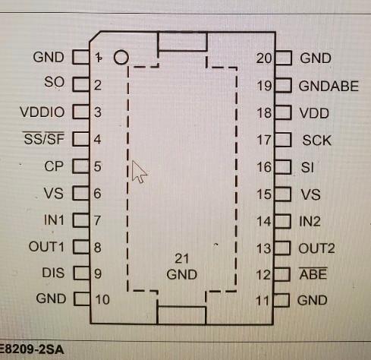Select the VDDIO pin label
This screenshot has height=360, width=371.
pos(43,112)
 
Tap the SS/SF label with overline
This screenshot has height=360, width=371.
pos(45,139)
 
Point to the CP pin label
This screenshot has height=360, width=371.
pos(54,166)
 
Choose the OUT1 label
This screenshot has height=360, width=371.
pos(47,247)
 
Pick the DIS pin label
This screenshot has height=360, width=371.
pos(54,273)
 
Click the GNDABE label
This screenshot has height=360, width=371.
pos(329,86)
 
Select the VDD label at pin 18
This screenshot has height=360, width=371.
pos(314,112)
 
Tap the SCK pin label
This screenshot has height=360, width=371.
pos(316,140)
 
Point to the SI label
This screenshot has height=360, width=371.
pos(307,167)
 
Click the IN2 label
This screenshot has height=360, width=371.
pos(310,222)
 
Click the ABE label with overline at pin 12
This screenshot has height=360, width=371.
pos(313,274)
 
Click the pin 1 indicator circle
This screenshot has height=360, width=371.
pos(120,57)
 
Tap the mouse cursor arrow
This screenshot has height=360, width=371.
pos(139,172)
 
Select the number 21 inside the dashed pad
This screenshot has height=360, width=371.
pos(181,259)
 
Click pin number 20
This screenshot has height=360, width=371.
pos(264,58)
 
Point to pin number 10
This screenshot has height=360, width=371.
pos(102,299)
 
